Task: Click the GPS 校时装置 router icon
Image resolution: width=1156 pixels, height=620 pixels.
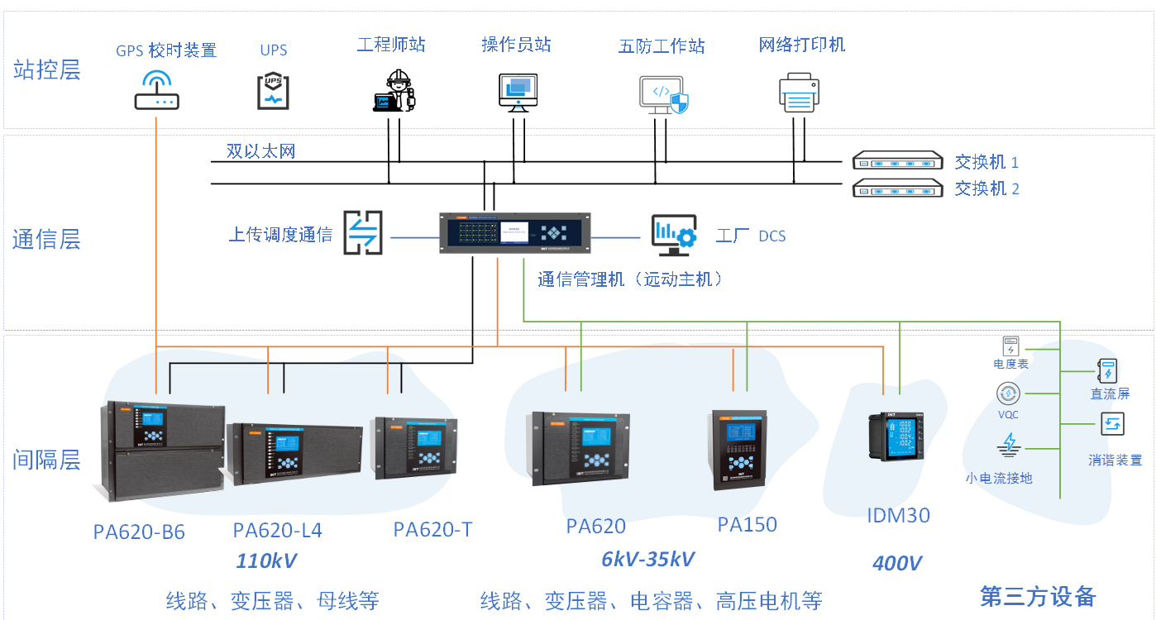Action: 157,90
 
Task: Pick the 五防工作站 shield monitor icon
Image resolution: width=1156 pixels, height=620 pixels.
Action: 663,95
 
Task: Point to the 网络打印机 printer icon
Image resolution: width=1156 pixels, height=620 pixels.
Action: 799,92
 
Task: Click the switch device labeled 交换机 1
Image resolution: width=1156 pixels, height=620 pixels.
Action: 898,161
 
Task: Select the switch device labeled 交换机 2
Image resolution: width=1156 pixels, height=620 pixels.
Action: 898,188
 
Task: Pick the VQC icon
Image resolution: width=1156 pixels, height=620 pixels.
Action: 1008,393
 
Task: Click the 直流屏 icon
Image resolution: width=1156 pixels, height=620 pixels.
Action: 1108,370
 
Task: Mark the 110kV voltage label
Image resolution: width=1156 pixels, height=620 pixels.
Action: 266,561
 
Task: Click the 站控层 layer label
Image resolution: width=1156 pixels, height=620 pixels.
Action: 47,69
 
